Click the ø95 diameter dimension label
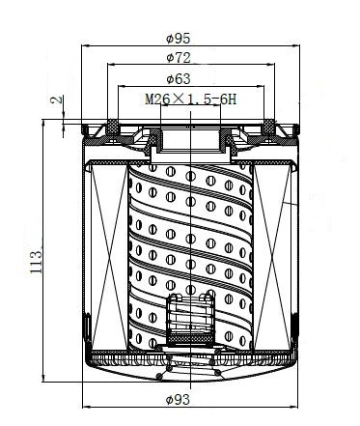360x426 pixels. click(179, 39)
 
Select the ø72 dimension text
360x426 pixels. click(179, 58)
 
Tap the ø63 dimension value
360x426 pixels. click(179, 78)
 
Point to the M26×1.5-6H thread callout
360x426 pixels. click(191, 99)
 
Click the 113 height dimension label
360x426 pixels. click(36, 262)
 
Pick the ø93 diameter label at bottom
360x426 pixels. click(178, 400)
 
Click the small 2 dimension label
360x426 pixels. click(57, 99)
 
